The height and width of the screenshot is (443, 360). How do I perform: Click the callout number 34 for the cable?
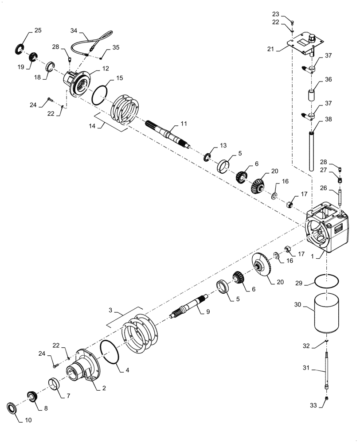(x=74, y=31)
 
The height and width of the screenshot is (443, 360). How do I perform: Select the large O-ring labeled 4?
(x=112, y=352)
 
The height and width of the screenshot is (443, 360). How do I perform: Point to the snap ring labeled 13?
(x=207, y=157)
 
